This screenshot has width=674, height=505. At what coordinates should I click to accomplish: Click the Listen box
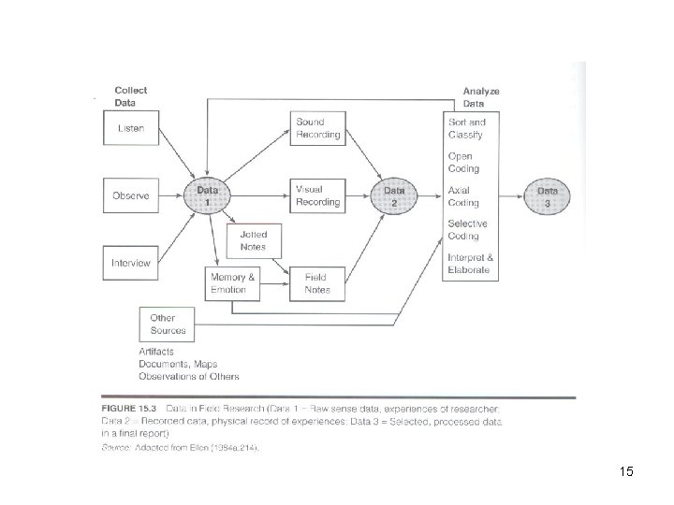pos(132,128)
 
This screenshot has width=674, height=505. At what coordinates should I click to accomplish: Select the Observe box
pos(132,195)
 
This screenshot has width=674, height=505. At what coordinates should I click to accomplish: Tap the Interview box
pos(132,263)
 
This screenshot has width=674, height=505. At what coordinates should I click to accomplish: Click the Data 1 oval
pos(208,195)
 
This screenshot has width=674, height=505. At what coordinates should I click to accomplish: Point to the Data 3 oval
pos(549,195)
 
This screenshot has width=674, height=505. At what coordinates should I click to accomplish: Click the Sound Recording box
pos(318,128)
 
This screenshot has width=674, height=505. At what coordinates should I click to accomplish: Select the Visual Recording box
pos(318,195)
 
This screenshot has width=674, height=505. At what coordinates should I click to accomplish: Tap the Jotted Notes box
pos(254,240)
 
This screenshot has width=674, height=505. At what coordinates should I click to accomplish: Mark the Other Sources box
pos(168,324)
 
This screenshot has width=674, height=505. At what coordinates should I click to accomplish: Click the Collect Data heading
pos(130,96)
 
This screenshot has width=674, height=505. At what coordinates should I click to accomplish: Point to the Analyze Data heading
pos(481,96)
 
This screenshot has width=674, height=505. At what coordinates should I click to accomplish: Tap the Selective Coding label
pos(467,230)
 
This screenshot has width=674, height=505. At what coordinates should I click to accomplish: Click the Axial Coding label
pos(464,196)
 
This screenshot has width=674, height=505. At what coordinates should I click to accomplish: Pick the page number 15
pos(626,471)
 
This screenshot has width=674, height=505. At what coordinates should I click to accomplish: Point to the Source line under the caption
pos(179,449)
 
